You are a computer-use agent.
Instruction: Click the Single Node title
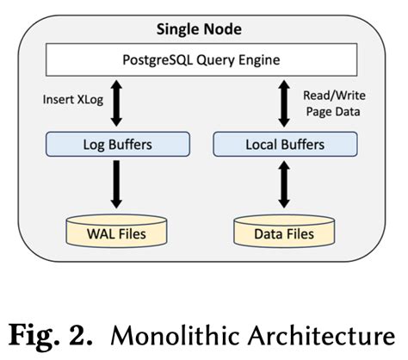(x=199, y=29)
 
